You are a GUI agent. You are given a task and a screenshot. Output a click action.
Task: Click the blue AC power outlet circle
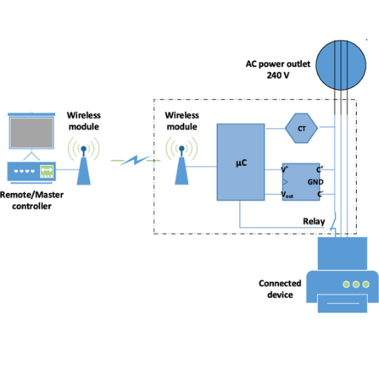click(x=341, y=65)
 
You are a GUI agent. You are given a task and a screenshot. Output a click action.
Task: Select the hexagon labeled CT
click(x=301, y=128)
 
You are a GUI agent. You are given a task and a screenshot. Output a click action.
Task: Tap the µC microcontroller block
click(x=241, y=162)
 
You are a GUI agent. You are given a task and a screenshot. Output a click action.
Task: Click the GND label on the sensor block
click(x=315, y=182)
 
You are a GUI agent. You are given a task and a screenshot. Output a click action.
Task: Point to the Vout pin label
click(x=287, y=195)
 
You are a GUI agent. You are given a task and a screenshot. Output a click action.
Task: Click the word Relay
click(x=314, y=221)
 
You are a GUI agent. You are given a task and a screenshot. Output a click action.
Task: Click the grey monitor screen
click(x=31, y=133)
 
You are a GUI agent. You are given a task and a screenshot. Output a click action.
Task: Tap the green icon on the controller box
click(x=47, y=171)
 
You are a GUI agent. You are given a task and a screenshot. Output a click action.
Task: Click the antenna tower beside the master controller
click(x=84, y=165)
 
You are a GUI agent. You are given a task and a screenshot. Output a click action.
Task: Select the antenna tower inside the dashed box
click(x=181, y=165)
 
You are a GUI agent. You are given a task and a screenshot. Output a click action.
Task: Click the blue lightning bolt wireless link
click(x=135, y=160)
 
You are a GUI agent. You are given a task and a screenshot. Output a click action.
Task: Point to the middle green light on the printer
click(x=356, y=284)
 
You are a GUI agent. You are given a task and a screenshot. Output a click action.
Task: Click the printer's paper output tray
click(x=343, y=303)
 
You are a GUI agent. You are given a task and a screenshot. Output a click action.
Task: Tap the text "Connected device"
click(x=280, y=289)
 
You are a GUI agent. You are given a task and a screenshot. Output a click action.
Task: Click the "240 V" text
click(x=278, y=76)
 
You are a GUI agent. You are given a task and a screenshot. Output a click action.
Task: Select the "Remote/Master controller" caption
click(x=32, y=201)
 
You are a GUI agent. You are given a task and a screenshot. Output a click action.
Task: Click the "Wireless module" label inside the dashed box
click(x=182, y=121)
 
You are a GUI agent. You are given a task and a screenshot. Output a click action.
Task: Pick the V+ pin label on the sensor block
click(x=285, y=170)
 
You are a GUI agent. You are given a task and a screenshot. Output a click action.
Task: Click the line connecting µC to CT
click(x=275, y=129)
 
